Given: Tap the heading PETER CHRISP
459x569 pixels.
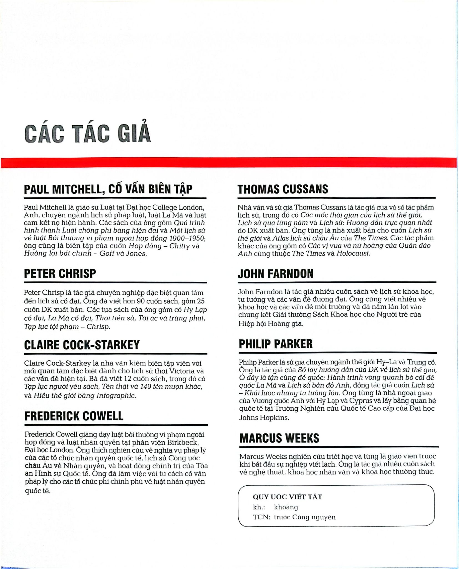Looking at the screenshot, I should tap(60, 274).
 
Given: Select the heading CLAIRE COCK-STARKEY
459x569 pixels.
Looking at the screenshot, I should tap(82, 345).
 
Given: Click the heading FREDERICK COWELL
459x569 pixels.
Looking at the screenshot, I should tap(74, 416).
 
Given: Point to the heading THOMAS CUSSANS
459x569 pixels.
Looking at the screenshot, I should tap(283, 189).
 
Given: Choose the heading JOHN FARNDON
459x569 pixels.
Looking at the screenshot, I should tap(276, 274).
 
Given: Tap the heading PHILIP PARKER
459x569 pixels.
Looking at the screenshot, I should tap(276, 344).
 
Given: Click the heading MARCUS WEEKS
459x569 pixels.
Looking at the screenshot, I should tap(279, 438).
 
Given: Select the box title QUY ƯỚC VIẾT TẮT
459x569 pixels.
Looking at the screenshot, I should tap(287, 497).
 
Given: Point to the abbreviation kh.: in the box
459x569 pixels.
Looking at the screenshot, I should tap(259, 507).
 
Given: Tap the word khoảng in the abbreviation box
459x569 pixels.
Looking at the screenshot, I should tap(286, 507).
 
